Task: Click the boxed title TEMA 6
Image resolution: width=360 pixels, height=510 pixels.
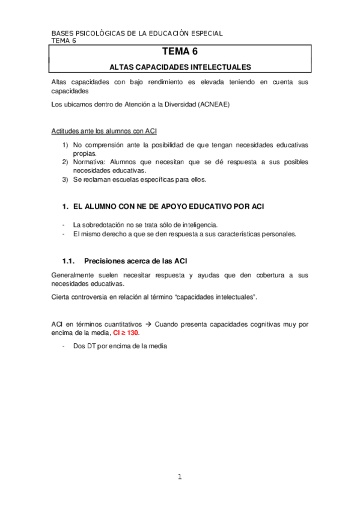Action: pos(179,53)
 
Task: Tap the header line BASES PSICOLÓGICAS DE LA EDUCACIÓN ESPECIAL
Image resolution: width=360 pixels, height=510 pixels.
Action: pos(137,34)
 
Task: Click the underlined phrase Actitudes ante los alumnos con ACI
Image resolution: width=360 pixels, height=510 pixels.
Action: pos(105,130)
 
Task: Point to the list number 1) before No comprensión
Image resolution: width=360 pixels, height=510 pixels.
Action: pos(66,146)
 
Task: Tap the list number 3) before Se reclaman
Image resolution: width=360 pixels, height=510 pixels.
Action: pos(66,179)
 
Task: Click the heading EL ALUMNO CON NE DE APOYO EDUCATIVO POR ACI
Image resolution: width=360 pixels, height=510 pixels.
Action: pos(168,207)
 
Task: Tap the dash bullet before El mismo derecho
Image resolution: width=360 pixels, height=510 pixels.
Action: pos(64,233)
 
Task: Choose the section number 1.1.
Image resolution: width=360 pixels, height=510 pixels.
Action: pos(68,260)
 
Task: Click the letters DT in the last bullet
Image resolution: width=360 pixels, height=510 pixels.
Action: pos(92,346)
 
